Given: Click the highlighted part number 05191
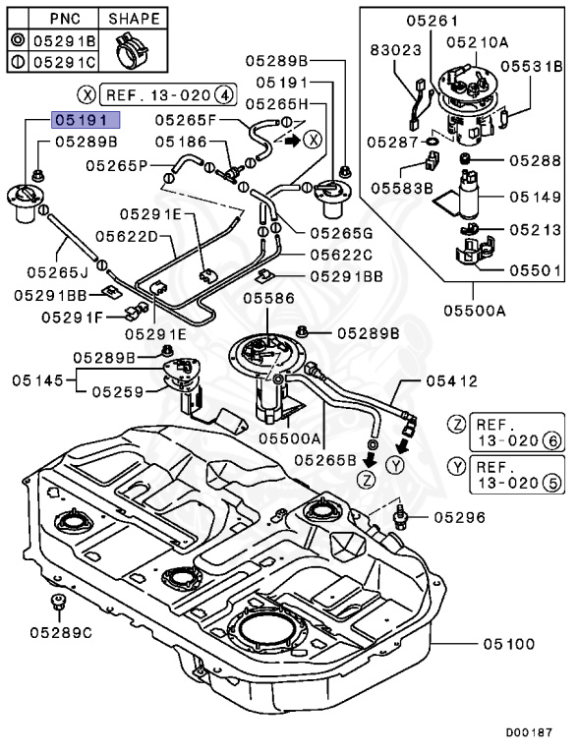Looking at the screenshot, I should click(x=86, y=121).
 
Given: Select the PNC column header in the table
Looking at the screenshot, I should click(x=65, y=19).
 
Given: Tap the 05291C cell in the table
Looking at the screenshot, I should click(x=66, y=61).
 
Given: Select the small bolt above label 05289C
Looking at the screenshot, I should click(x=55, y=602).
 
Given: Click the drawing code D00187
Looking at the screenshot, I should click(x=530, y=732).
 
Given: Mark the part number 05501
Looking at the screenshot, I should click(x=535, y=268).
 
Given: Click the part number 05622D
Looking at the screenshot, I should click(x=126, y=236).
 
